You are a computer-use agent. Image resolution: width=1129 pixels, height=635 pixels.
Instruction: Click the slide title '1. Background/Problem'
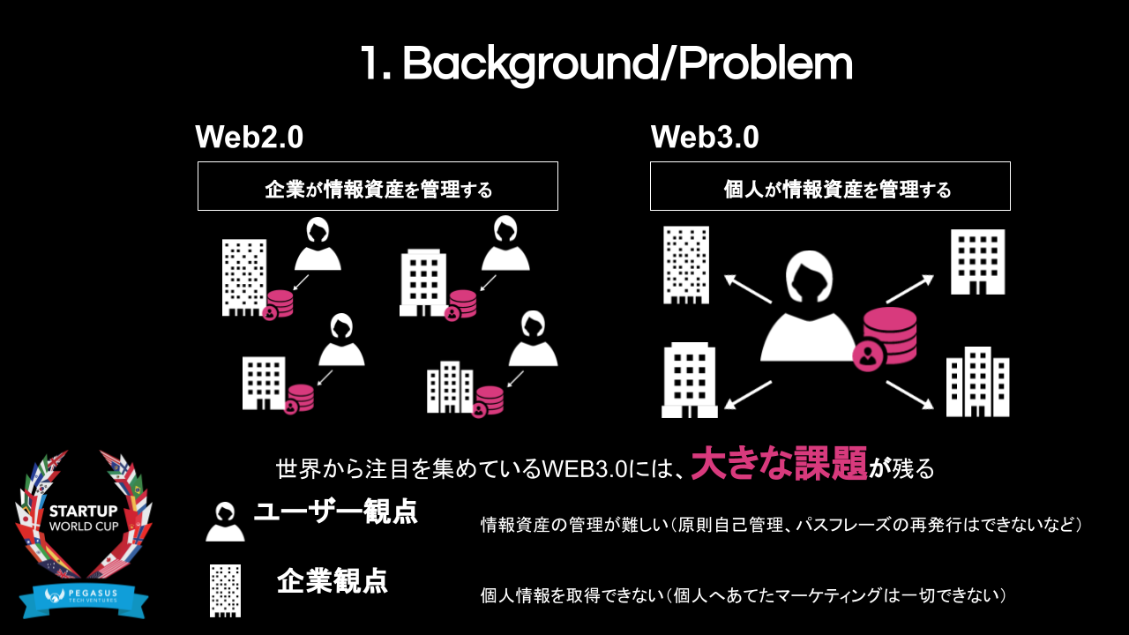point(606,63)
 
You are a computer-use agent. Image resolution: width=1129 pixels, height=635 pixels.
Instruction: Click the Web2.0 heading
point(249,138)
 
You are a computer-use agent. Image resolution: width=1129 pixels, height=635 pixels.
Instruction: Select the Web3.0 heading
point(705,138)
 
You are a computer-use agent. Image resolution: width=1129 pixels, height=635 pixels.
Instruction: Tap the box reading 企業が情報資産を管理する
point(378,186)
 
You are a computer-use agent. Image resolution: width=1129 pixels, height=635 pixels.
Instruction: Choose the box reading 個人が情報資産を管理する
point(830,186)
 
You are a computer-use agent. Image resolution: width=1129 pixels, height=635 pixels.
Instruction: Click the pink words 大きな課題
point(779,465)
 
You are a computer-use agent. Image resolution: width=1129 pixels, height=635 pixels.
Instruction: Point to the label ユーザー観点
point(336,512)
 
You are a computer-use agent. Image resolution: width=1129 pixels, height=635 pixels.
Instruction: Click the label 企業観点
point(333,580)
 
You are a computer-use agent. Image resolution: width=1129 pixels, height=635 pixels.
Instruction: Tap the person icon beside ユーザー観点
point(225,521)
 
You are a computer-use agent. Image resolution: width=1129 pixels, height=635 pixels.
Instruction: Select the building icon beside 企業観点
point(225,590)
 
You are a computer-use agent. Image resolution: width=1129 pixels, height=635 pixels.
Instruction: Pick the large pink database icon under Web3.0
point(889,335)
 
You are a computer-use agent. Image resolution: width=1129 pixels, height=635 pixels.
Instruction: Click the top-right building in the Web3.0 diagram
point(977,262)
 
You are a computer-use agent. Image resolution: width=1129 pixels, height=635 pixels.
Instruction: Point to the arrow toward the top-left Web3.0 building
point(747,289)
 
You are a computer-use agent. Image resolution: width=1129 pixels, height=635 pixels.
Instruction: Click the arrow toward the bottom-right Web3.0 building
point(909,394)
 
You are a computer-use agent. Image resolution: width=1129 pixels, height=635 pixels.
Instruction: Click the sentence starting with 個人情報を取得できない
point(744,595)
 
